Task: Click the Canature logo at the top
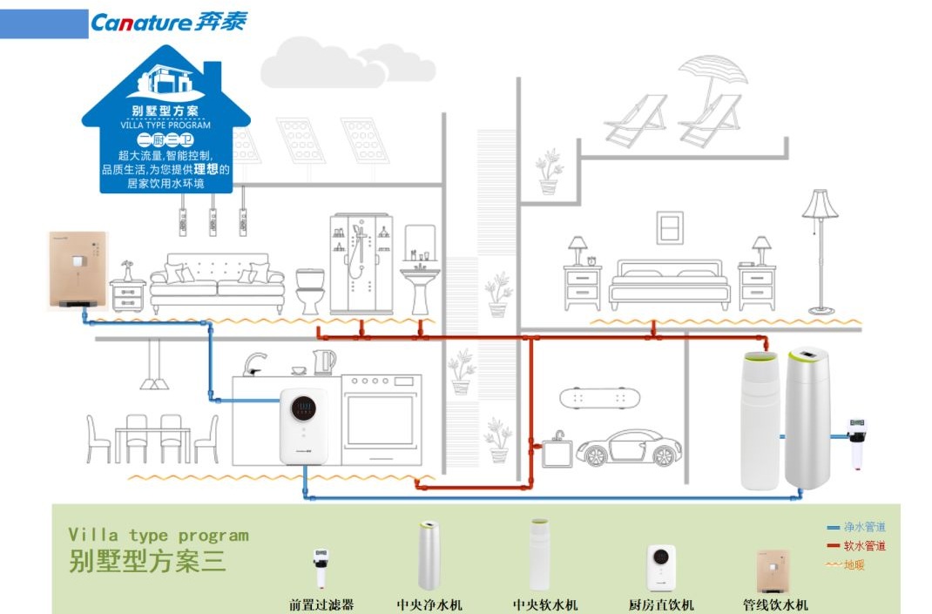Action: click(x=168, y=23)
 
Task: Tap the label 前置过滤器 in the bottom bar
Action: click(x=322, y=604)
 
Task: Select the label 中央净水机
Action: click(x=429, y=604)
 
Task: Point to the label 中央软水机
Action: click(x=545, y=604)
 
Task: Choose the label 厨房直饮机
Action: click(x=661, y=604)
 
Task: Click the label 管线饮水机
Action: click(x=775, y=604)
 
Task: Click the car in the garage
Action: click(x=629, y=447)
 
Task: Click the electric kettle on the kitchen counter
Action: click(x=324, y=361)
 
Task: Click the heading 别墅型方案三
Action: click(x=147, y=561)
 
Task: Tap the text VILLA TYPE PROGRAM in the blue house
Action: click(x=165, y=125)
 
